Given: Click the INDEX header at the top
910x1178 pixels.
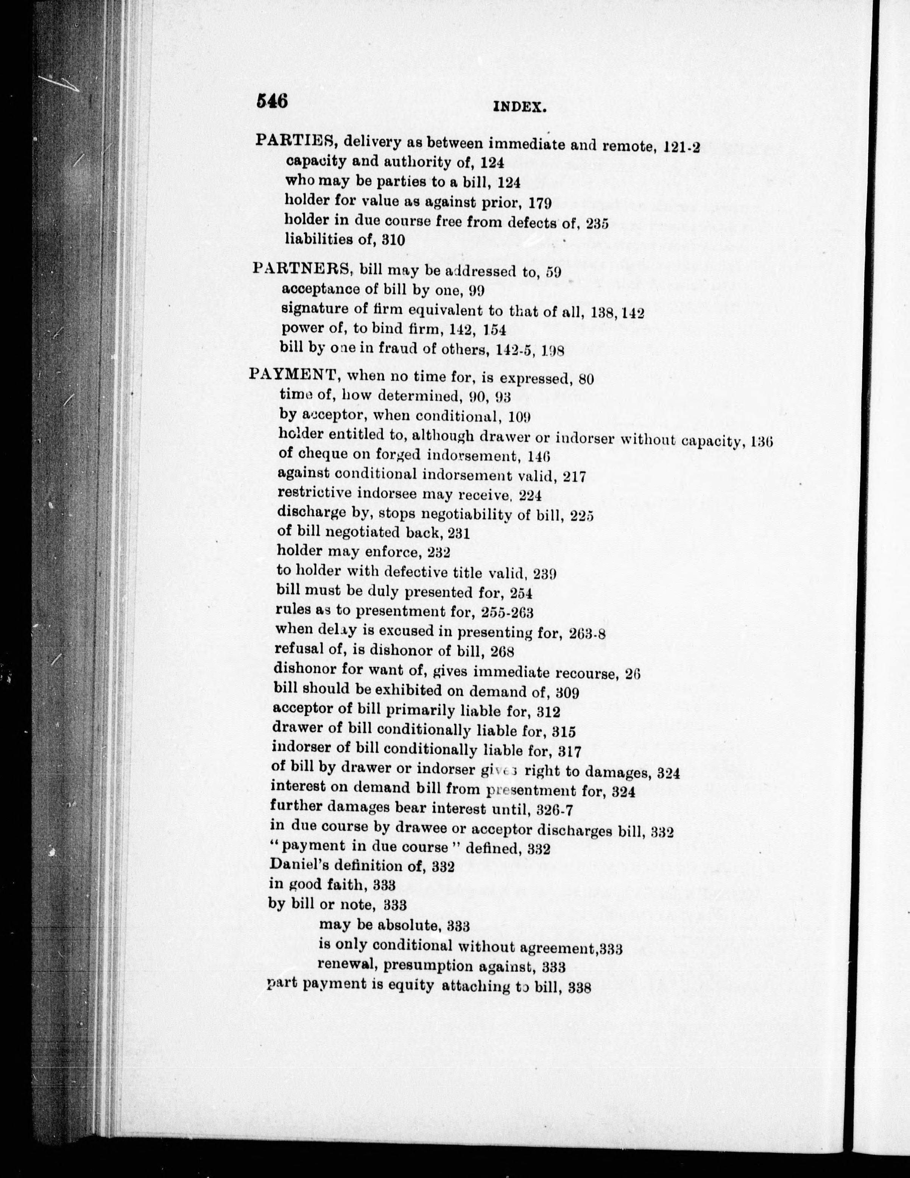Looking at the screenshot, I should pos(520,108).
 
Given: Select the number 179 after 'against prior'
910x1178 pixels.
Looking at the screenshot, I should pos(539,203).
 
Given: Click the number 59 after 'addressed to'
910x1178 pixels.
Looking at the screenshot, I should pos(553,273).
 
